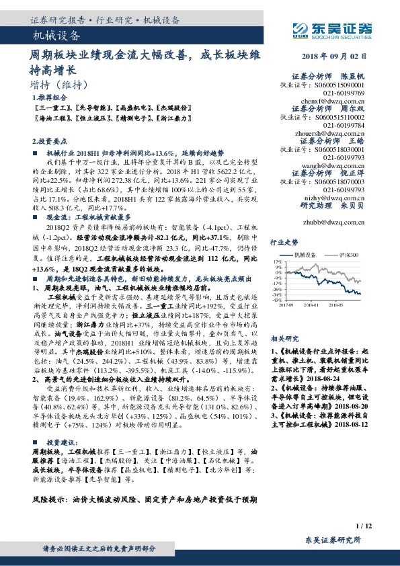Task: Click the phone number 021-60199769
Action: [344, 93]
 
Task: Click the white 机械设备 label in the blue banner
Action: [57, 36]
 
